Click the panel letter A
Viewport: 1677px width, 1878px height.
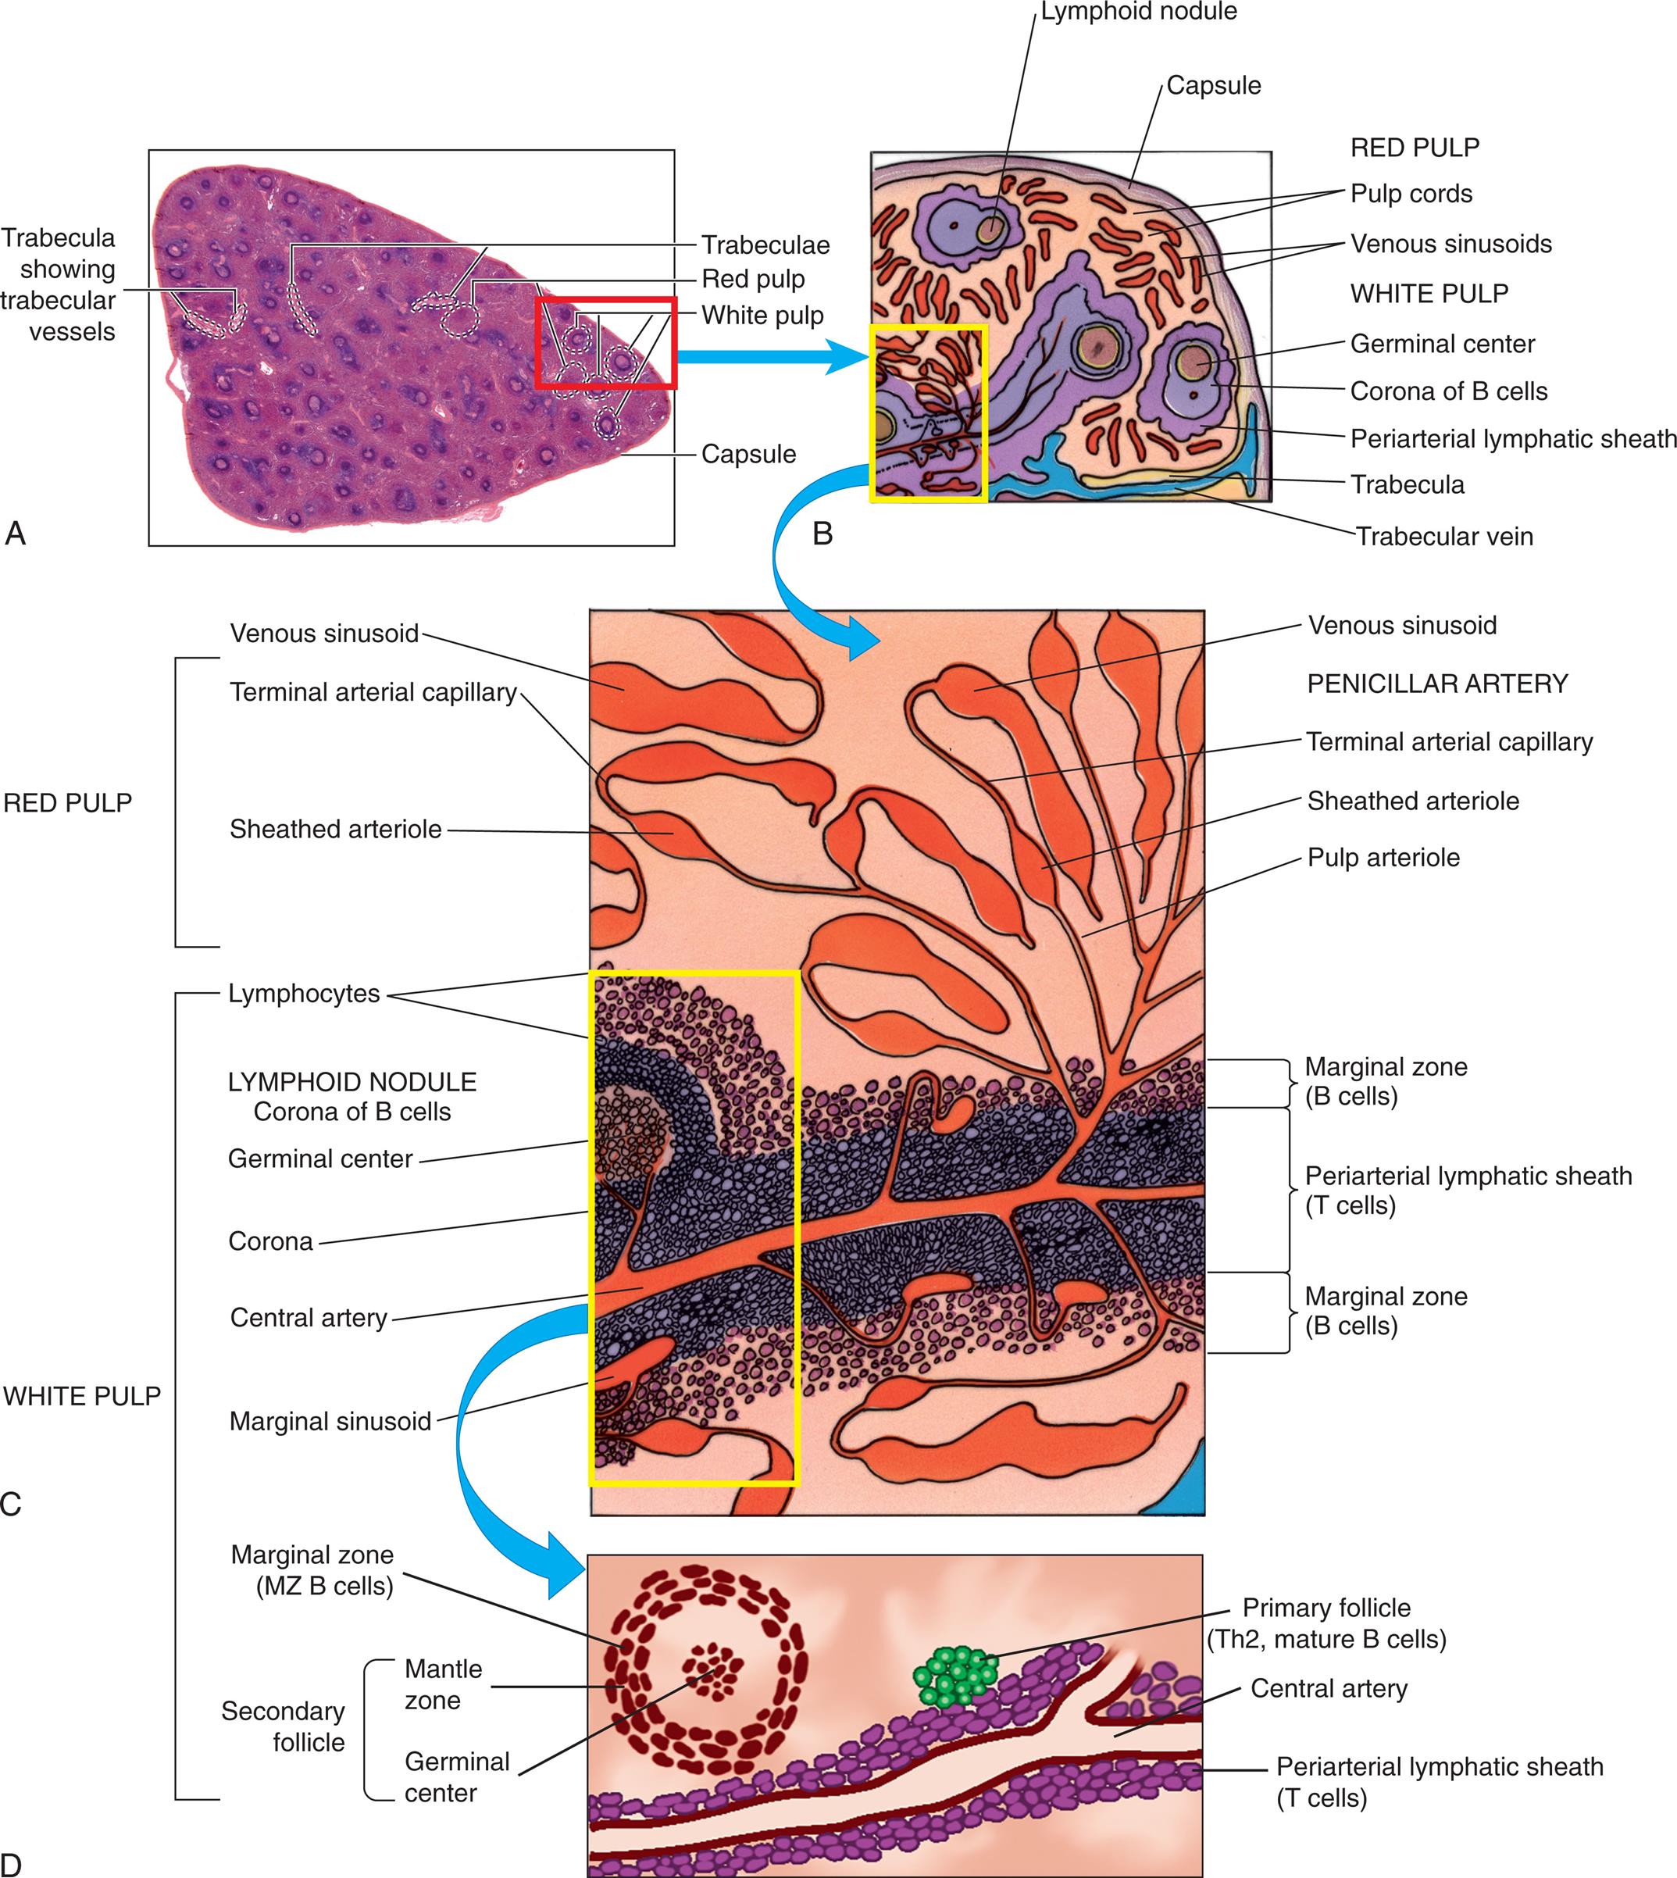[x=15, y=534]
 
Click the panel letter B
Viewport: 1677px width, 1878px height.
[x=822, y=534]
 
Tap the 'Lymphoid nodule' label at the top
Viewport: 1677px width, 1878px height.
[x=1139, y=12]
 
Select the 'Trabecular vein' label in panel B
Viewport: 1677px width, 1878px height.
[x=1444, y=537]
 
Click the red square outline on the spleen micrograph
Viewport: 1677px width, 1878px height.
[x=606, y=298]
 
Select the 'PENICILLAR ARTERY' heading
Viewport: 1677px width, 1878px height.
[x=1437, y=684]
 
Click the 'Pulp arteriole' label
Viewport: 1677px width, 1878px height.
[x=1383, y=858]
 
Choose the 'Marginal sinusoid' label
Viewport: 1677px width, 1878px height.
[x=330, y=1421]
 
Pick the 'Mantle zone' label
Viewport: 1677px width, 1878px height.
[x=443, y=1684]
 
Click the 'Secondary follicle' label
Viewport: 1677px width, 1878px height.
[x=283, y=1727]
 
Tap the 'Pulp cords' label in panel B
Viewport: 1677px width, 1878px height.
[x=1411, y=194]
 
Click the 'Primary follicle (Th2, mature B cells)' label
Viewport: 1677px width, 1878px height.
[x=1326, y=1623]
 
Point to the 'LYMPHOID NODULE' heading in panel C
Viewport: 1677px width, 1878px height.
[x=352, y=1082]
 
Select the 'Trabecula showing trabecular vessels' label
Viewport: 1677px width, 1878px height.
[x=58, y=284]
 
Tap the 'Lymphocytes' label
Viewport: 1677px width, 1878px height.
[x=304, y=994]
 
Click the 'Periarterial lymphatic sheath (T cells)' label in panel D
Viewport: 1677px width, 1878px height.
[x=1440, y=1782]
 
